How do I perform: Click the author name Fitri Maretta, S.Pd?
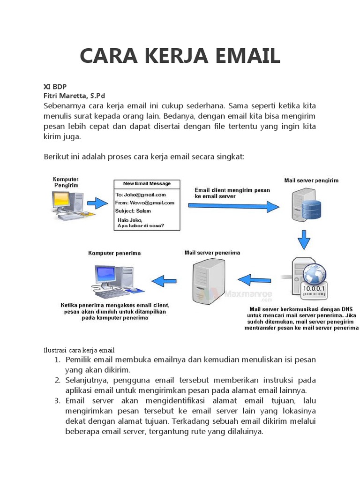coord(75,96)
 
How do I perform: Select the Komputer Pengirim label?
coord(66,182)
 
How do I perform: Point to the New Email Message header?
coord(147,183)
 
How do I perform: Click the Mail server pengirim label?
coord(311,180)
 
